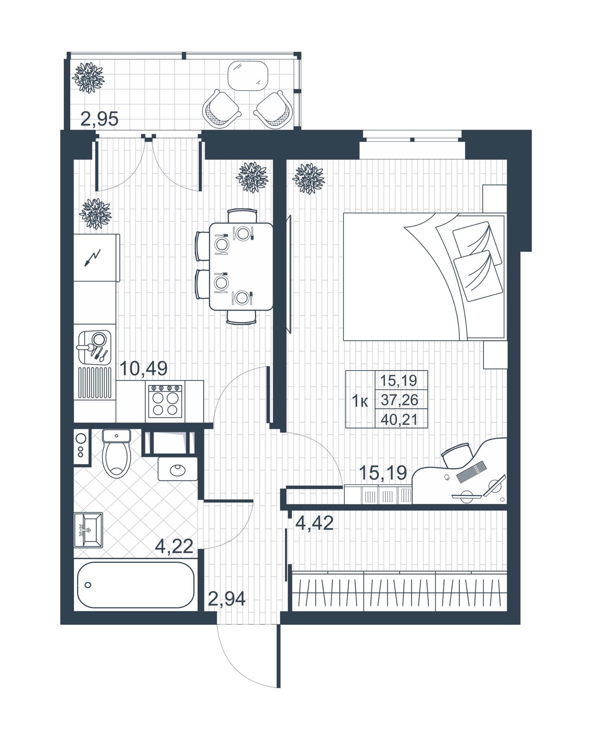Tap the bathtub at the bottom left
coord(136,585)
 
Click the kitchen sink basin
coord(94,347)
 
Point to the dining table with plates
coord(241,267)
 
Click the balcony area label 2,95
coord(99,119)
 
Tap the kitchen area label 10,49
coord(143,368)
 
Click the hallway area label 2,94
coord(227,598)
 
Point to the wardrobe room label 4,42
coord(314,523)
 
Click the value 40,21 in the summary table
coord(400,420)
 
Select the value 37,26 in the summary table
coord(400,400)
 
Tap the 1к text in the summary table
coord(360,401)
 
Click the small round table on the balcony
coord(248,75)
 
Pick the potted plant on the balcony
coord(88,78)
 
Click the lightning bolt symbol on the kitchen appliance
coord(93,258)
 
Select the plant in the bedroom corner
coord(309,178)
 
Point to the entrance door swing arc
coord(235,667)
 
